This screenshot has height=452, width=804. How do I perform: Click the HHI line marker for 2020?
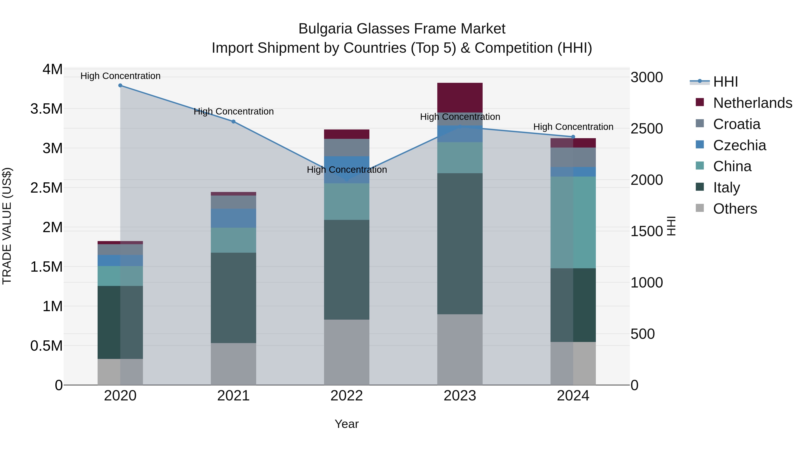[120, 85]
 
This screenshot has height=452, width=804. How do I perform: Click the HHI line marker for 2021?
[233, 122]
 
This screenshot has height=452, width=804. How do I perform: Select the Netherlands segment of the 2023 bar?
[460, 98]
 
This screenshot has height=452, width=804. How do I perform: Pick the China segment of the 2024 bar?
[573, 222]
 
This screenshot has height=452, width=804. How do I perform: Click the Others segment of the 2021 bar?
[233, 364]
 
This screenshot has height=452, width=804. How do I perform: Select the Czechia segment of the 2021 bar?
[233, 218]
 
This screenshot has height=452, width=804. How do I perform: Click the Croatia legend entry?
[737, 124]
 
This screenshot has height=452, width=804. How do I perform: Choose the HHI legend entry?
[725, 82]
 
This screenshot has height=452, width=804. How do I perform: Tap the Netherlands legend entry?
[752, 103]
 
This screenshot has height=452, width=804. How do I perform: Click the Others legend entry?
[735, 209]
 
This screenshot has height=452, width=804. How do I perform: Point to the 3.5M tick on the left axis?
[46, 109]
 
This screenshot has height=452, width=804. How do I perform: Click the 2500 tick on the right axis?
[647, 129]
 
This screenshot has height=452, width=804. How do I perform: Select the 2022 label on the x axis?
[346, 396]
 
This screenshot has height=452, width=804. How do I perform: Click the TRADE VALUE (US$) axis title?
[7, 226]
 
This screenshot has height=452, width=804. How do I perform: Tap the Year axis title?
[346, 424]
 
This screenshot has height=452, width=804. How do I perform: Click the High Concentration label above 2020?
[120, 76]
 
